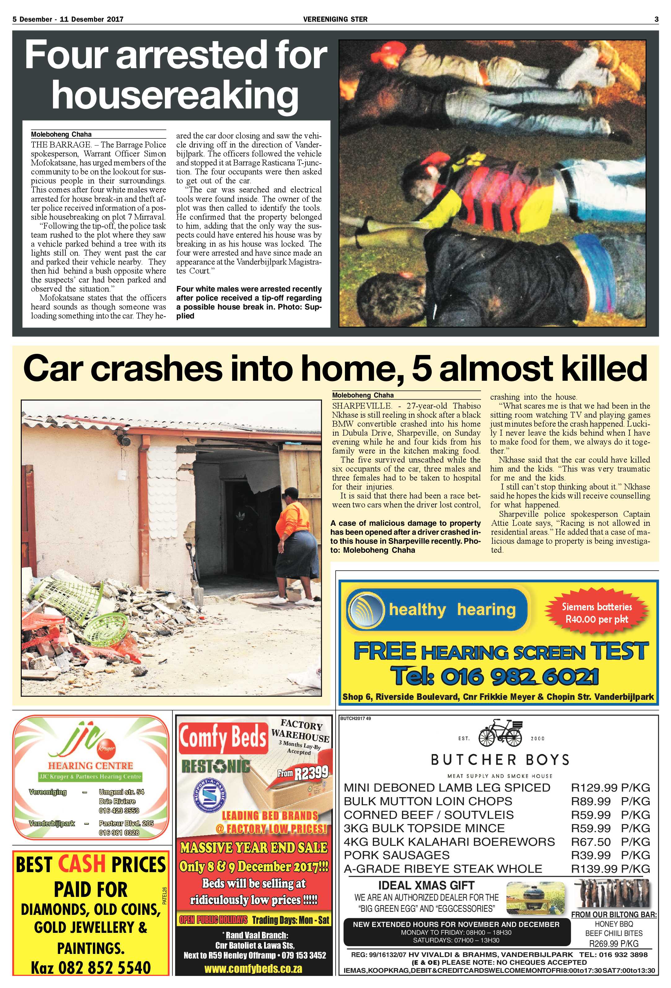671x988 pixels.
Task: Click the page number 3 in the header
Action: [x=656, y=19]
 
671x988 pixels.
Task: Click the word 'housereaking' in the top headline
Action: [x=175, y=96]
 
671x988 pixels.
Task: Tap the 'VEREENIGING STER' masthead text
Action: [x=335, y=19]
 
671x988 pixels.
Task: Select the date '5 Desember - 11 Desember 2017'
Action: [x=68, y=19]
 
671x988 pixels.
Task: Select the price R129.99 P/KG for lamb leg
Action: [x=610, y=788]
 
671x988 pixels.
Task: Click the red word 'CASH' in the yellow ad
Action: [x=81, y=863]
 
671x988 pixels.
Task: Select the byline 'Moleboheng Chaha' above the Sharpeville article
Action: [x=363, y=395]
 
